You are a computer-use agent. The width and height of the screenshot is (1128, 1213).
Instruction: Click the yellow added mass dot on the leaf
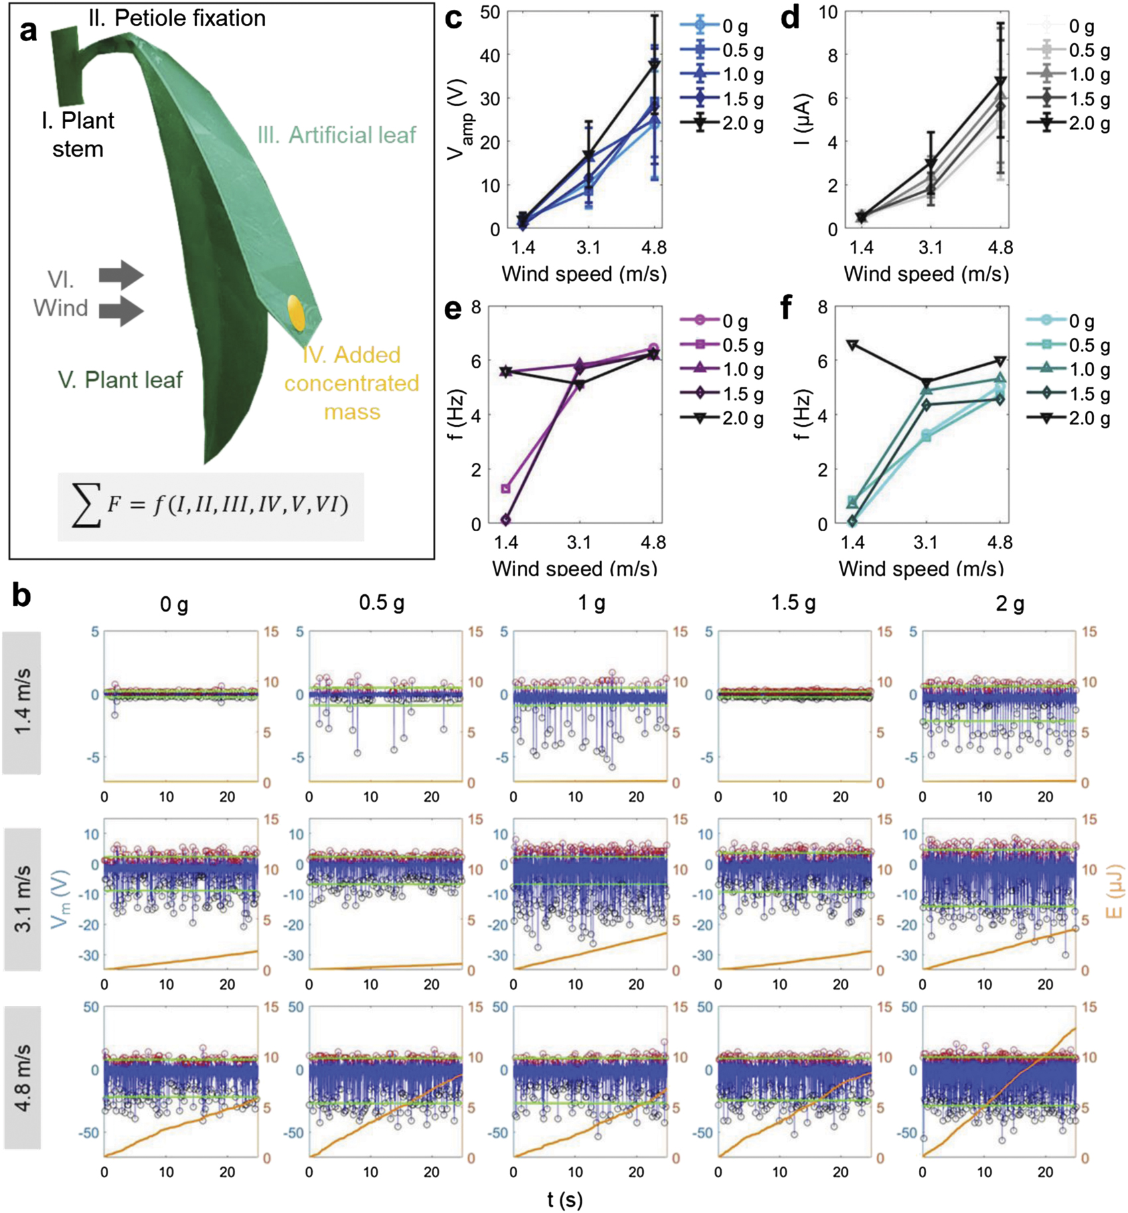[296, 313]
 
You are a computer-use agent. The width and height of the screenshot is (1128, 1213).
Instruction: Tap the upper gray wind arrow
[121, 274]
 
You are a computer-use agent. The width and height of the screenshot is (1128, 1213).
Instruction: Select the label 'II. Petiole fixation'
[177, 19]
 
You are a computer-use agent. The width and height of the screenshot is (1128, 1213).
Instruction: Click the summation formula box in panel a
[210, 507]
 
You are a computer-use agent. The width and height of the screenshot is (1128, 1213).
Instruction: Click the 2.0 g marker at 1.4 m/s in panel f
[853, 345]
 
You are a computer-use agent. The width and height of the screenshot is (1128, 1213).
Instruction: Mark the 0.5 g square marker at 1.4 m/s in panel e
[506, 489]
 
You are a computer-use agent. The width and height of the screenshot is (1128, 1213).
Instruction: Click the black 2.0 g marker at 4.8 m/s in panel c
[655, 64]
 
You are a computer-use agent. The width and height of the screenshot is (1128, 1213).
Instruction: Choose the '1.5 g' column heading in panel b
[793, 603]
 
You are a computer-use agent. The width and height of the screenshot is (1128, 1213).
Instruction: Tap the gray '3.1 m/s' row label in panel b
[22, 898]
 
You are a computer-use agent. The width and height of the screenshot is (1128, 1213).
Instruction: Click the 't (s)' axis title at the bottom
[564, 1199]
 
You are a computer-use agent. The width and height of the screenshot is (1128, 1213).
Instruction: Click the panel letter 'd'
[790, 18]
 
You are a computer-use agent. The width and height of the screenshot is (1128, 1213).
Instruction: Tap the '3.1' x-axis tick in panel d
[930, 248]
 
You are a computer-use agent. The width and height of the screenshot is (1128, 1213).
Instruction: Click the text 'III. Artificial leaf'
[337, 135]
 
